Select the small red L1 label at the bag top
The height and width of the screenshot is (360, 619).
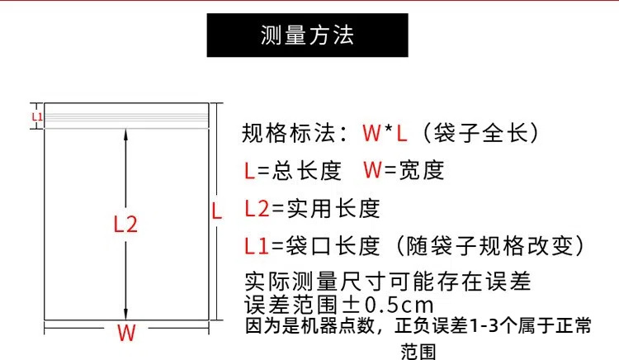click(x=36, y=116)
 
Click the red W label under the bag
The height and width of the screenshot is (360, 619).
click(x=125, y=334)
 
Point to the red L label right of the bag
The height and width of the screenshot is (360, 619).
click(x=217, y=211)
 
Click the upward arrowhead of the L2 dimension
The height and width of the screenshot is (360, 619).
click(x=125, y=133)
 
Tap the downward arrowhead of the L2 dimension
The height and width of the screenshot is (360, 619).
click(x=125, y=313)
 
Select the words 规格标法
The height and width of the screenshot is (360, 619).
click(x=289, y=132)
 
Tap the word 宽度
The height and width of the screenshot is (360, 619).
click(x=423, y=171)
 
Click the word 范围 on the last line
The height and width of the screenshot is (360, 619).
click(x=418, y=351)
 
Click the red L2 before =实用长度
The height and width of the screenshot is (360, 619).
click(x=257, y=208)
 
